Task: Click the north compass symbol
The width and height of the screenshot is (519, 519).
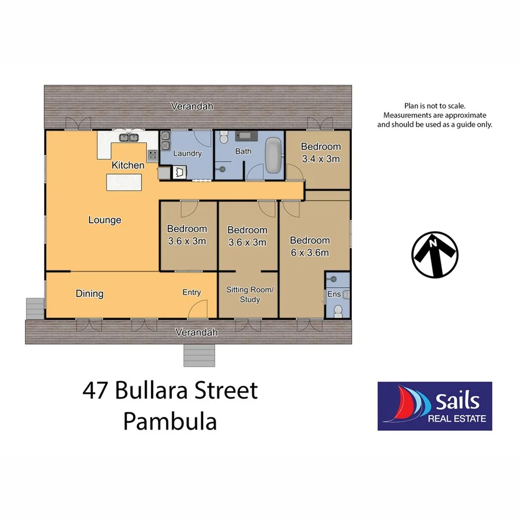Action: (435, 254)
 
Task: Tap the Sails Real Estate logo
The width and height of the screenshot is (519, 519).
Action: (435, 406)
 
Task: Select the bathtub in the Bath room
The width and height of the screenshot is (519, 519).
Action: (273, 155)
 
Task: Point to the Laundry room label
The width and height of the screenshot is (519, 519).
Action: (187, 153)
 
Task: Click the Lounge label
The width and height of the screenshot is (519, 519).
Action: (104, 220)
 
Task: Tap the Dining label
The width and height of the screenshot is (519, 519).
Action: (89, 294)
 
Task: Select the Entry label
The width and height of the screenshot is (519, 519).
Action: (191, 292)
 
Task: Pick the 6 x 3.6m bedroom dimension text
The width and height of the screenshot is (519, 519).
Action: (310, 253)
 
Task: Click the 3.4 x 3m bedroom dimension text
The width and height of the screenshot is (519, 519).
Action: (321, 159)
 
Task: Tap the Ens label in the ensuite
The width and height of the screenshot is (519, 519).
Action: (334, 294)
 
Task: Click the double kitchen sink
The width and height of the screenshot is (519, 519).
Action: (127, 137)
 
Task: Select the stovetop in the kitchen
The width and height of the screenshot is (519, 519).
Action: (153, 155)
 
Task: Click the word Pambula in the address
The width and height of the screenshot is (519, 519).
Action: (170, 422)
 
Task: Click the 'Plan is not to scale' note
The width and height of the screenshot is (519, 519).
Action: (435, 106)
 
